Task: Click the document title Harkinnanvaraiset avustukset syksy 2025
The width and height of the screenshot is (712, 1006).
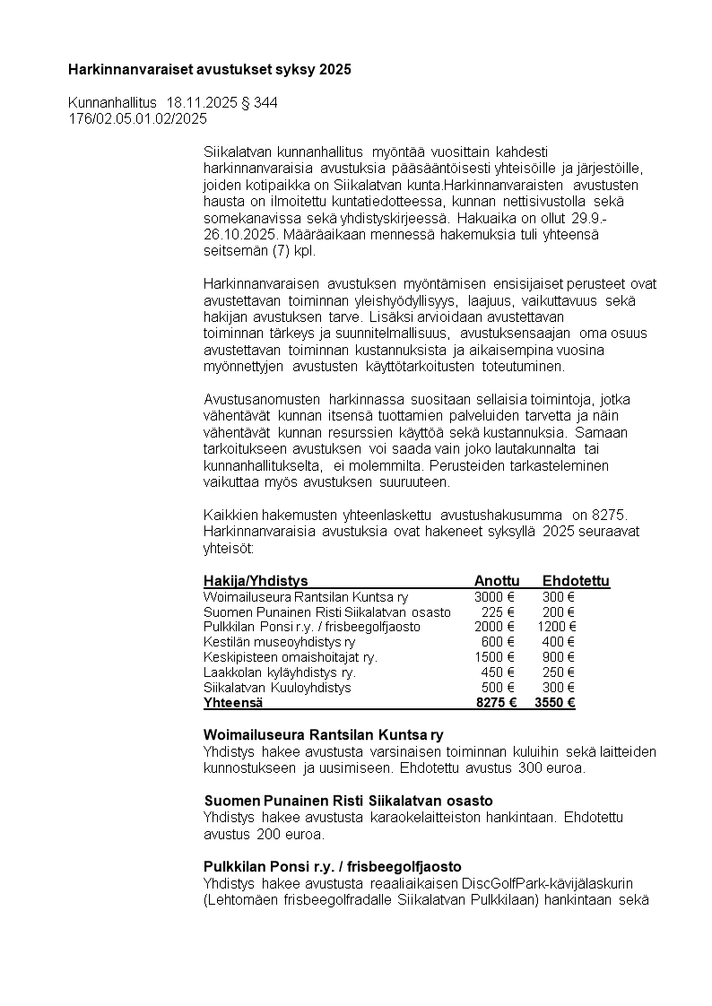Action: coord(210,69)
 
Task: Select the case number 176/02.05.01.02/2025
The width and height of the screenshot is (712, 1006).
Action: coord(138,118)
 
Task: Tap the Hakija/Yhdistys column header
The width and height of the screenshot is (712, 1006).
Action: coord(256,581)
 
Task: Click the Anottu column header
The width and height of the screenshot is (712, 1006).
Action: coord(496,581)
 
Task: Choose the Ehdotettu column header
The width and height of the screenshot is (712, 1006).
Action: coord(576,581)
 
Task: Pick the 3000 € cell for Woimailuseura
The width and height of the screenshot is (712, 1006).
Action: coord(494,596)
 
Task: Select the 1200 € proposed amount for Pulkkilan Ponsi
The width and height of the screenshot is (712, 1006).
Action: coord(557,627)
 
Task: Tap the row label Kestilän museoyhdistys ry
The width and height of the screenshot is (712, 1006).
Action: coord(279,642)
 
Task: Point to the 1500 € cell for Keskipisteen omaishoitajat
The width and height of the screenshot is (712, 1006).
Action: coord(494,657)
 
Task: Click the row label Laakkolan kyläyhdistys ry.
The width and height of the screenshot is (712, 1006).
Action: coord(280,672)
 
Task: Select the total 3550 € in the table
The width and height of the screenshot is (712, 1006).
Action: coord(554,703)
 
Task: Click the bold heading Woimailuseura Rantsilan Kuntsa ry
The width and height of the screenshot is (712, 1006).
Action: coord(324,736)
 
